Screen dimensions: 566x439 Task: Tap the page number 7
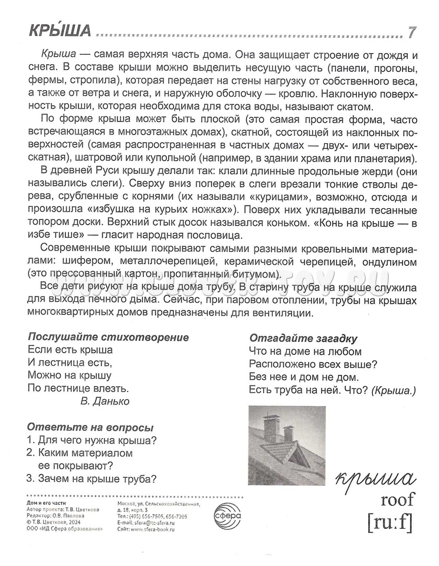click(412, 32)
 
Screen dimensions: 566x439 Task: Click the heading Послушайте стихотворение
click(109, 337)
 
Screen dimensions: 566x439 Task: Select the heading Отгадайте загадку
click(304, 338)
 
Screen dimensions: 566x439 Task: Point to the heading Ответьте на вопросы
click(90, 427)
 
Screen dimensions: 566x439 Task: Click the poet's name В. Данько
click(104, 401)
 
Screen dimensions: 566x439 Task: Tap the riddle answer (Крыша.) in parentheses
click(395, 390)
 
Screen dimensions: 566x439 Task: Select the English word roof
click(398, 500)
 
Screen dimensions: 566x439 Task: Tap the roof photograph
click(285, 443)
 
